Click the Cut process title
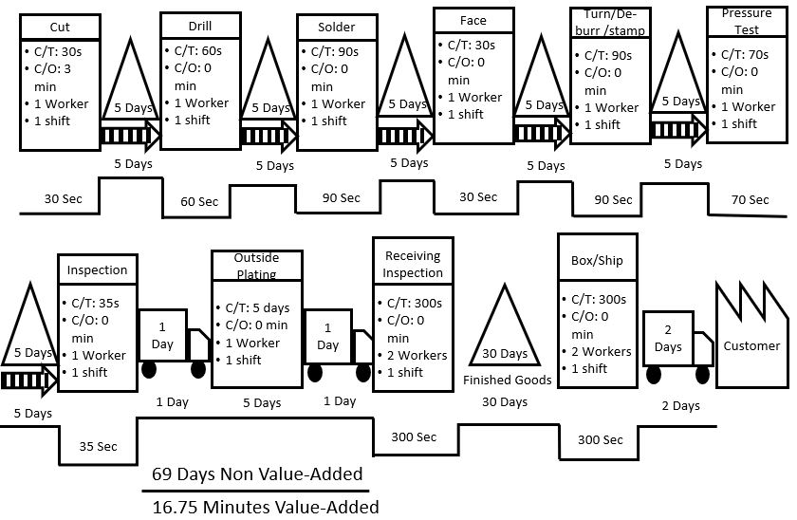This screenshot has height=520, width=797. (x=59, y=28)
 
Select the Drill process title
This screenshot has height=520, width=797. (x=200, y=27)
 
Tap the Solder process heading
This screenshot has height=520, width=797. (x=337, y=28)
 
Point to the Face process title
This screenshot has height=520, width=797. (x=473, y=20)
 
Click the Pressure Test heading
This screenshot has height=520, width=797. (x=747, y=20)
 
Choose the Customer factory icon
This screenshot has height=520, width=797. (x=751, y=333)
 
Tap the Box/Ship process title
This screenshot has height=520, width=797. (x=598, y=260)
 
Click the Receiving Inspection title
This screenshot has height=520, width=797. (x=413, y=264)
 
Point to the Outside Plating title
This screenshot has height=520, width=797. (x=255, y=266)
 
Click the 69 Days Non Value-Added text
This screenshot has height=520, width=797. (x=258, y=473)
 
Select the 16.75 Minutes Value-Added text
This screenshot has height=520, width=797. (x=266, y=507)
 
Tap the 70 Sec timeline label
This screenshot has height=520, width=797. (x=750, y=199)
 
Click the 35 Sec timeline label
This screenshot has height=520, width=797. (x=98, y=445)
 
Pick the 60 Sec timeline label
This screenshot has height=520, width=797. (x=199, y=201)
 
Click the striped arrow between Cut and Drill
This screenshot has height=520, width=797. (x=129, y=136)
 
